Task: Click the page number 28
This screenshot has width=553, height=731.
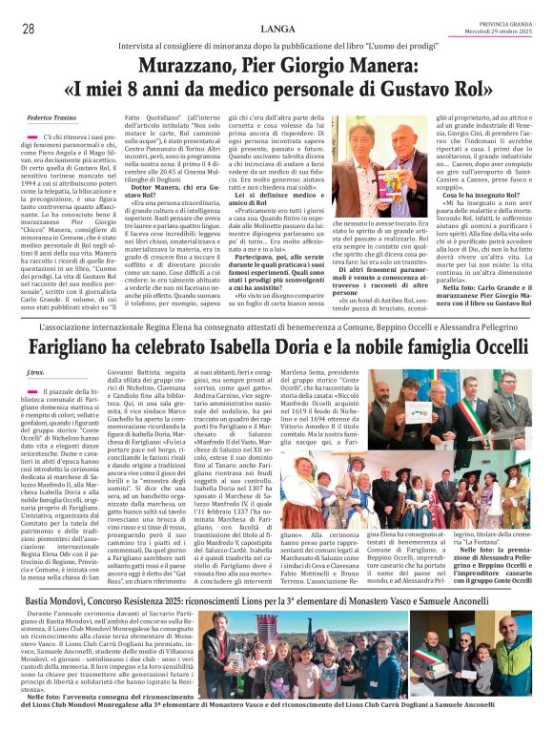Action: coord(29,29)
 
